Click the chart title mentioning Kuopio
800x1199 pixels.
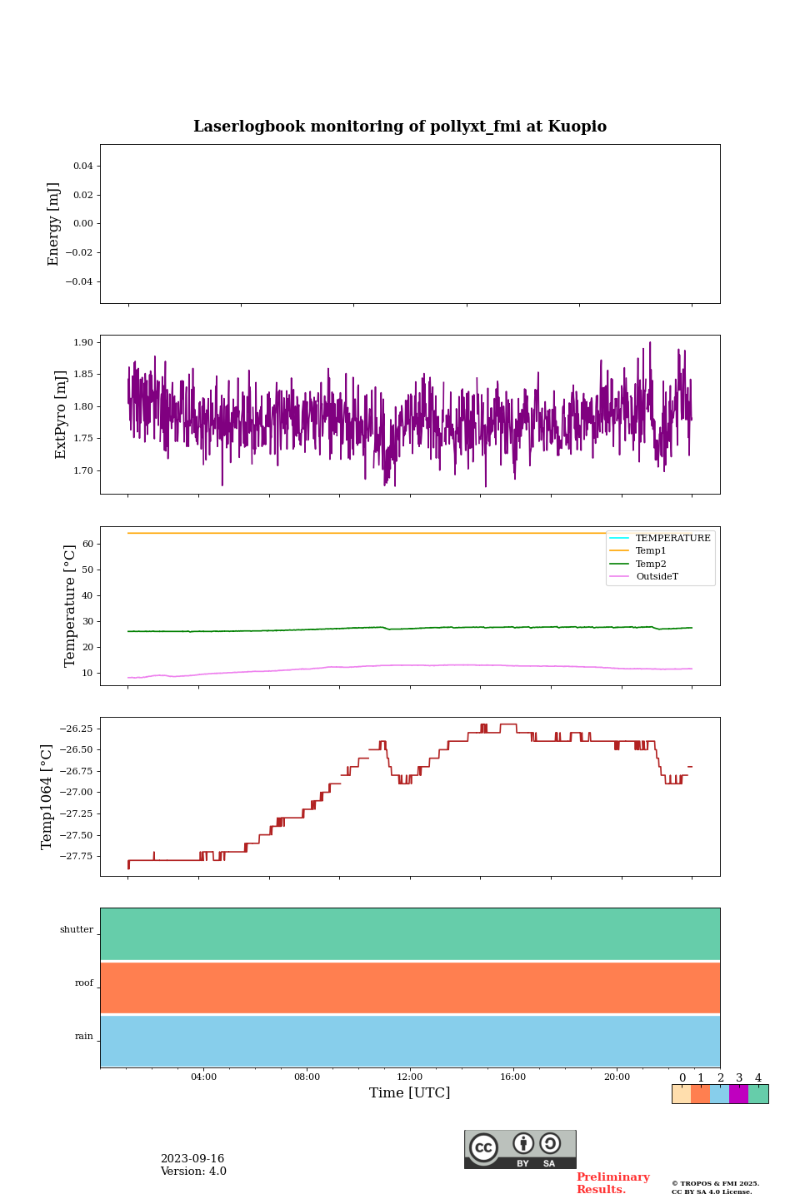400,127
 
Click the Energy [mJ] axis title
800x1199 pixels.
54,224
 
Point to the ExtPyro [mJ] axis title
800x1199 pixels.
61,415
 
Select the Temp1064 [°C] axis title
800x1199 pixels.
47,797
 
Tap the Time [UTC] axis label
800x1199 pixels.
409,1093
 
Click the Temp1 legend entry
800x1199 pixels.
651,551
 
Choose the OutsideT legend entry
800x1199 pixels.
657,577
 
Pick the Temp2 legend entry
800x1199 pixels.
651,565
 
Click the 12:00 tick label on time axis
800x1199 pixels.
409,1077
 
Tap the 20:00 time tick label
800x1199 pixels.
617,1077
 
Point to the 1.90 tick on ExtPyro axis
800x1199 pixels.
83,342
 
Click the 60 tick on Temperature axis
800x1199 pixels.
87,544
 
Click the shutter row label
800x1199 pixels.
77,930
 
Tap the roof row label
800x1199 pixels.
84,983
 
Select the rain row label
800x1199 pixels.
84,1037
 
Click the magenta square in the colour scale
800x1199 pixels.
738,1094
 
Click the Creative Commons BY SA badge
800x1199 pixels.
520,1149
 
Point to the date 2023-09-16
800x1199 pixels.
192,1159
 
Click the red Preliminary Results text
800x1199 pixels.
612,1183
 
